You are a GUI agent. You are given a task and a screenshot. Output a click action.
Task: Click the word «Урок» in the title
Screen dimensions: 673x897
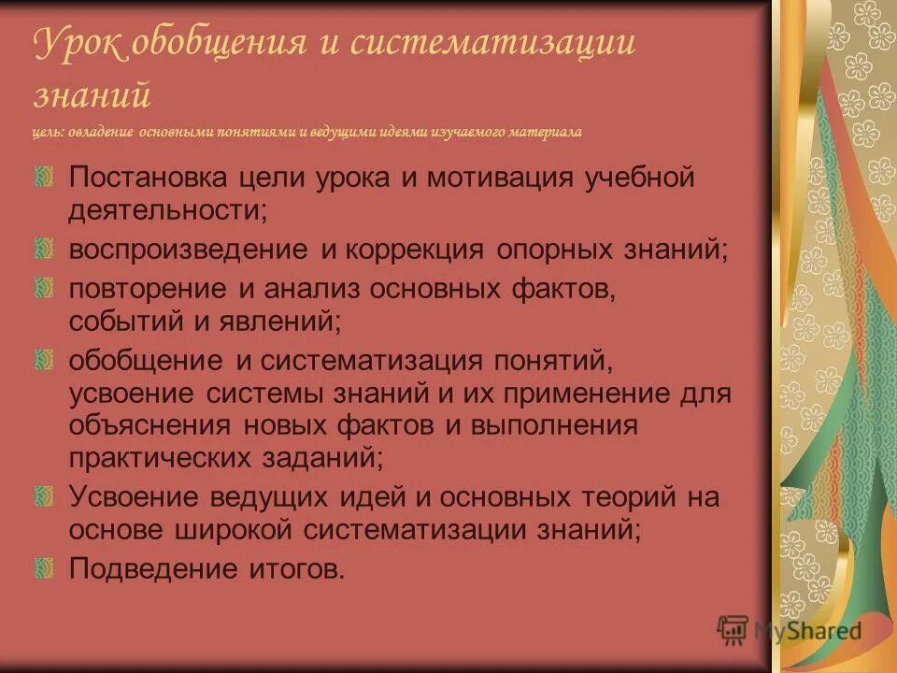pos(78,44)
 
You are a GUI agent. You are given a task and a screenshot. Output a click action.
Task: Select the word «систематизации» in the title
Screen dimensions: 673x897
pos(493,44)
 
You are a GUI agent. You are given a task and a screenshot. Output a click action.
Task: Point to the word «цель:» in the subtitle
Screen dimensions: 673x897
pos(48,132)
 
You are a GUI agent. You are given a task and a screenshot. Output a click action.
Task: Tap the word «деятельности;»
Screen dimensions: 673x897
pos(168,210)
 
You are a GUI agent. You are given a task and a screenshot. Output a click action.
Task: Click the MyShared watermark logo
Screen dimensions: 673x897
pos(790,630)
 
